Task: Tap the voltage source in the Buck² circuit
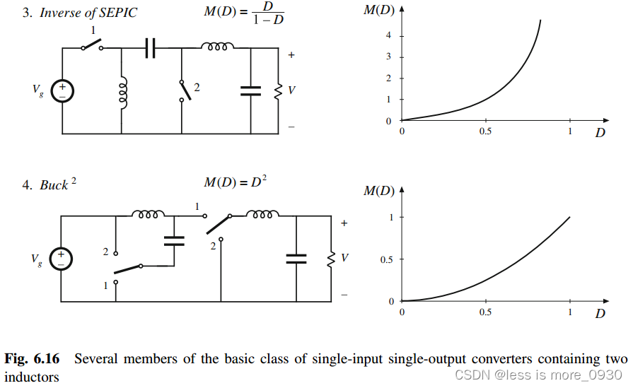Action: coord(62,259)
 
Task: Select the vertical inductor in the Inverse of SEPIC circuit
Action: coord(123,92)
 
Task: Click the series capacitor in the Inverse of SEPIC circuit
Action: coord(150,48)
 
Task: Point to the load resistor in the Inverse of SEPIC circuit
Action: coord(279,90)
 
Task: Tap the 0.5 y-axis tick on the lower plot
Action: coord(385,259)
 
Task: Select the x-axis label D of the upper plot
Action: coord(600,131)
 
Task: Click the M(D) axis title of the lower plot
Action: coord(379,191)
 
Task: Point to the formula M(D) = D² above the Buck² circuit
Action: coord(235,182)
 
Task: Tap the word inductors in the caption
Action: coord(32,377)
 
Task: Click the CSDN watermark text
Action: coord(538,375)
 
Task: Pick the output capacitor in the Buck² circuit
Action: coord(296,259)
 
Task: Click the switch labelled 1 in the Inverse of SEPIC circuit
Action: coord(91,45)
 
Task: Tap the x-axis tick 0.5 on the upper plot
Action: coord(485,131)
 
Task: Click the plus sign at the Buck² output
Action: coord(344,223)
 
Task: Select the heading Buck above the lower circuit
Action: coord(54,185)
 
